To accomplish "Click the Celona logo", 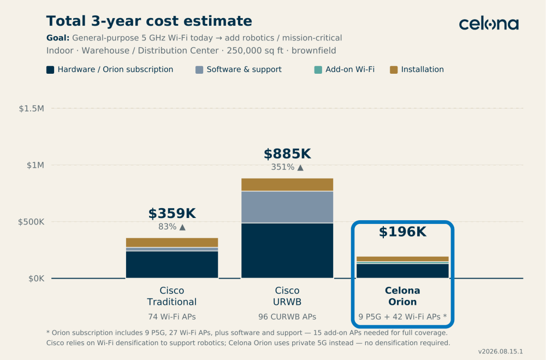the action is coord(489,24).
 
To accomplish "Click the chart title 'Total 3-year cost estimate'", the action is coord(149,21).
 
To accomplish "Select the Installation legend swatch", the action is coord(394,70).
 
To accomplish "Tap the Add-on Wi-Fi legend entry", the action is coord(345,70).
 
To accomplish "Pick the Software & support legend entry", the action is coord(239,70).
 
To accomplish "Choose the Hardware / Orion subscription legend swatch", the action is coord(50,70).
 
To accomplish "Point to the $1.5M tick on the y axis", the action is coord(31,109).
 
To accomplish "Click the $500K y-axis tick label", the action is coord(31,222).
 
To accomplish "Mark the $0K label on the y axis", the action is coord(36,279).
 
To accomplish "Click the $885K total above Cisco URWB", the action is coord(287,154).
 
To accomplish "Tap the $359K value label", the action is coord(172,213).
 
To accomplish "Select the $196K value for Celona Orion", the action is coord(402,232).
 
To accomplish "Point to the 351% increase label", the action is coord(287,167).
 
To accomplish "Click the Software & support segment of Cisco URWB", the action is coord(287,207).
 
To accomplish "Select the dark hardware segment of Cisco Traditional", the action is coord(172,264).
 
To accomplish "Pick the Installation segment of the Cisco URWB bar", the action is coord(287,185).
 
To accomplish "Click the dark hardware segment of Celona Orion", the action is coord(402,271).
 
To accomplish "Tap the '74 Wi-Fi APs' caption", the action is coord(172,317).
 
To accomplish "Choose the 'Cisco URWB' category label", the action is coord(287,296).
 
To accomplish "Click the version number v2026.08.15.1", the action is coord(500,352).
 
